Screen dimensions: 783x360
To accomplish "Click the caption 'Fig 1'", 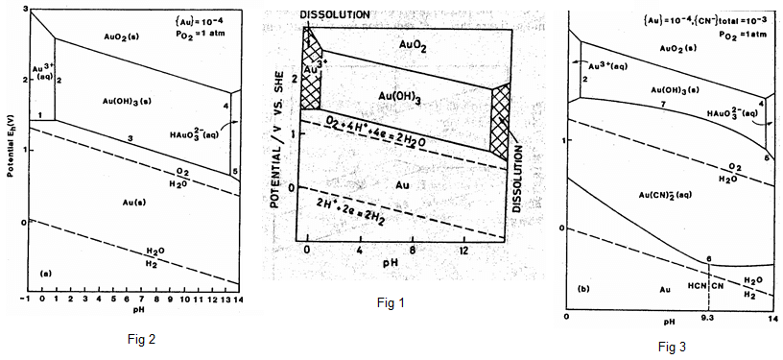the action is click(390, 303).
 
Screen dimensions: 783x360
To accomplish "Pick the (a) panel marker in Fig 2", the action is click(44, 274).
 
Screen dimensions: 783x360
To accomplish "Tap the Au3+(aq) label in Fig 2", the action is click(42, 70).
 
